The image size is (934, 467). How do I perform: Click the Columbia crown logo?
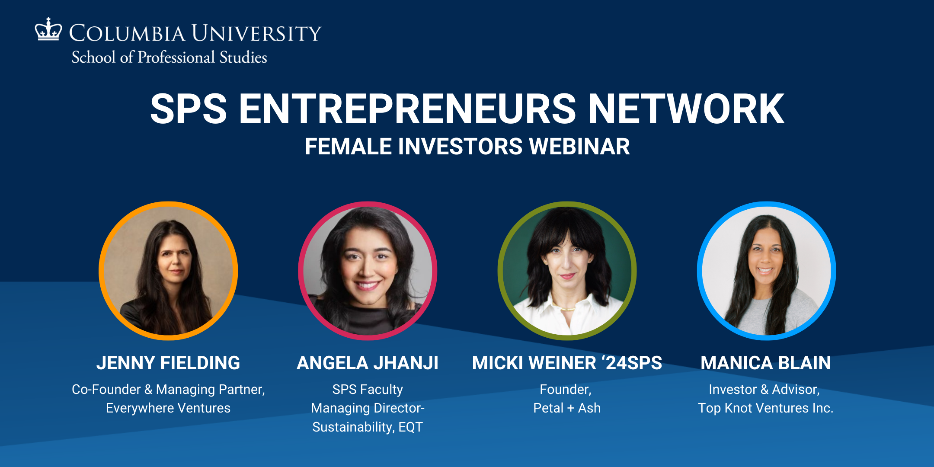(48, 29)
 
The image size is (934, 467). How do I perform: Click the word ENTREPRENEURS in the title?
(407, 109)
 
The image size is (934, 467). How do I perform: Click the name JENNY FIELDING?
(168, 363)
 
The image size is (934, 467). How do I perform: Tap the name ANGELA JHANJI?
(368, 363)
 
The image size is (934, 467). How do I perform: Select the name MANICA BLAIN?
(766, 363)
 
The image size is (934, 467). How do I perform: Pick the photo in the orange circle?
(168, 271)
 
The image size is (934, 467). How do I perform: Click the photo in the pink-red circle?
(368, 271)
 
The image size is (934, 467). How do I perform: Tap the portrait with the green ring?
(567, 271)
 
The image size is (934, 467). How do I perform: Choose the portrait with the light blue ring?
(766, 271)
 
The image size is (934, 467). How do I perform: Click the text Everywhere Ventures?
(168, 408)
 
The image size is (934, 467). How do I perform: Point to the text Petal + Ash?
(567, 408)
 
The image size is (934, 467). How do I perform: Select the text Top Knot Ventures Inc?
(765, 408)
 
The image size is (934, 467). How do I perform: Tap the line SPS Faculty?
(368, 389)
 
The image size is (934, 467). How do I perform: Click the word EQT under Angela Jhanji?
(410, 427)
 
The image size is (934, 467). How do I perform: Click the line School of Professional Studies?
(169, 58)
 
